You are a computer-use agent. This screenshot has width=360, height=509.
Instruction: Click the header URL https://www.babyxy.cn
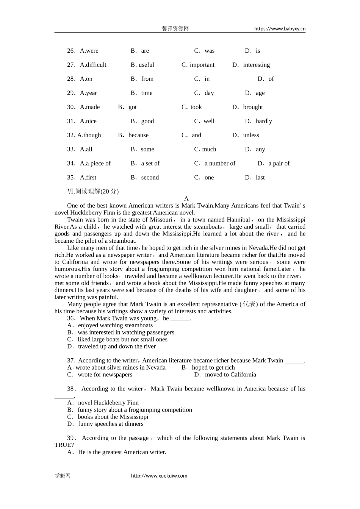(x=280, y=29)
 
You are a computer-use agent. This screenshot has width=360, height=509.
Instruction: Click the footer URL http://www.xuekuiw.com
(x=159, y=476)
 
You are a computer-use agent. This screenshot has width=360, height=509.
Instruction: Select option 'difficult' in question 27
(x=93, y=65)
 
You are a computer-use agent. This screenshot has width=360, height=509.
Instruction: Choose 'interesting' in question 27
(x=256, y=65)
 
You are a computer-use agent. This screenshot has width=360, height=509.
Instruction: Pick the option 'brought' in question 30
(x=253, y=107)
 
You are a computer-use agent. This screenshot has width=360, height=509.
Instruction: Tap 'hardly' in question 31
(x=264, y=121)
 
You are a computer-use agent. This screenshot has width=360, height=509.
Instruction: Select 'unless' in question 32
(x=251, y=135)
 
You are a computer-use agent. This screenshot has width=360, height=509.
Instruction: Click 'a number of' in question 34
(x=220, y=163)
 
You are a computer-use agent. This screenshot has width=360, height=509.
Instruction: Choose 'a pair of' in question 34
(x=279, y=163)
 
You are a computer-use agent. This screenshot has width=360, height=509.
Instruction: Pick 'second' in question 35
(x=150, y=178)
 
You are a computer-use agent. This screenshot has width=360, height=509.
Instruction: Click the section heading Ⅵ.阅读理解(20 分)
(x=93, y=192)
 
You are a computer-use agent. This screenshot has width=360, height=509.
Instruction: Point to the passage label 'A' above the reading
(x=186, y=198)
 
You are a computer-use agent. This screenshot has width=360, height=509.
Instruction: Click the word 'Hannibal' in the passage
(x=238, y=220)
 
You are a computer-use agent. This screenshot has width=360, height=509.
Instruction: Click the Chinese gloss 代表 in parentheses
(x=249, y=304)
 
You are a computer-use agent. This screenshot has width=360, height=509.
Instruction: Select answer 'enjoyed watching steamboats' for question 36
(x=115, y=325)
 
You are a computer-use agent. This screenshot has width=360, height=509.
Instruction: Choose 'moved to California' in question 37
(x=230, y=375)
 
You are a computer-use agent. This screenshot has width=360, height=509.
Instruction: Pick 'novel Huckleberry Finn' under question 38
(x=108, y=403)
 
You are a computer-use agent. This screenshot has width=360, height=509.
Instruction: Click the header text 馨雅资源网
(x=175, y=29)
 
